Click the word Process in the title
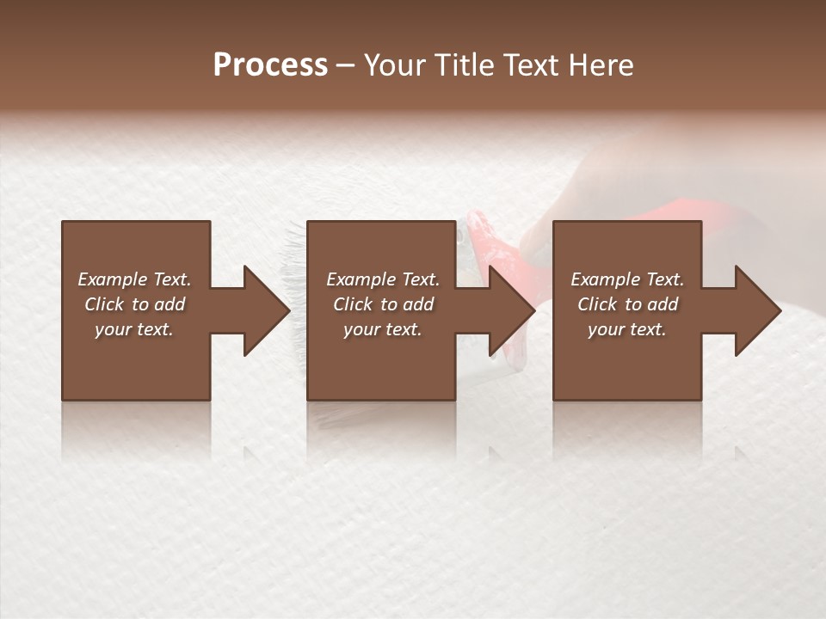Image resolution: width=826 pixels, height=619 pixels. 270,65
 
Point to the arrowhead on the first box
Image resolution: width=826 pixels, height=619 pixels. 265,310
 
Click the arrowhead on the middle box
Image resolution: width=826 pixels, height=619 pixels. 511,310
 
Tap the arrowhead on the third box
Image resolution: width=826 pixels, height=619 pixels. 757,310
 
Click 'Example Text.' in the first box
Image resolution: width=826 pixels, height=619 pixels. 134,279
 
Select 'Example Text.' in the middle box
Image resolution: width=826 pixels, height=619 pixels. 383,279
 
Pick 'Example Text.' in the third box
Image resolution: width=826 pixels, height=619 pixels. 627,279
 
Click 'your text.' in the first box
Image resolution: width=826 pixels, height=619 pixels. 134,329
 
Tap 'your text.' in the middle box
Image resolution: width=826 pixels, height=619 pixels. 383,329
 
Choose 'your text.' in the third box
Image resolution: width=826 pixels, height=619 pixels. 627,329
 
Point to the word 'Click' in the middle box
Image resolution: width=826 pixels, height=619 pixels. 353,304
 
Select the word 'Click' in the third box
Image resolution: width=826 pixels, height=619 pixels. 597,304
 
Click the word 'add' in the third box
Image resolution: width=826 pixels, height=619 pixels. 663,304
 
